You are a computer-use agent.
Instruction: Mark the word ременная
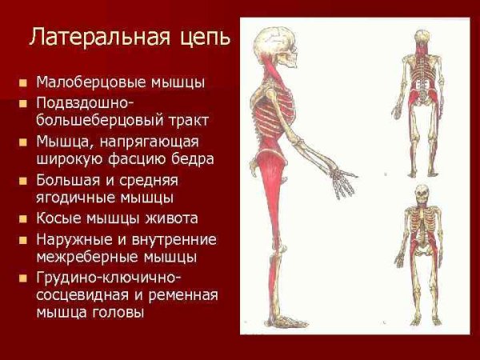pyautogui.click(x=184, y=295)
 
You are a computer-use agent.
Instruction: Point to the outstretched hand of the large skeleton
pyautogui.click(x=343, y=183)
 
